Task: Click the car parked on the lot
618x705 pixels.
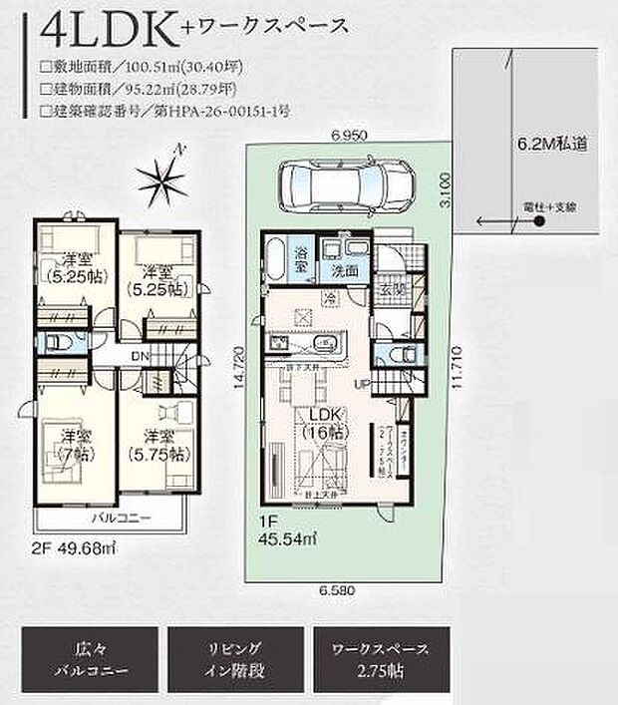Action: pos(336,183)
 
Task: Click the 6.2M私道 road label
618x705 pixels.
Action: pos(550,143)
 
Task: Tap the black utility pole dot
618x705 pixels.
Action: pos(538,221)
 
